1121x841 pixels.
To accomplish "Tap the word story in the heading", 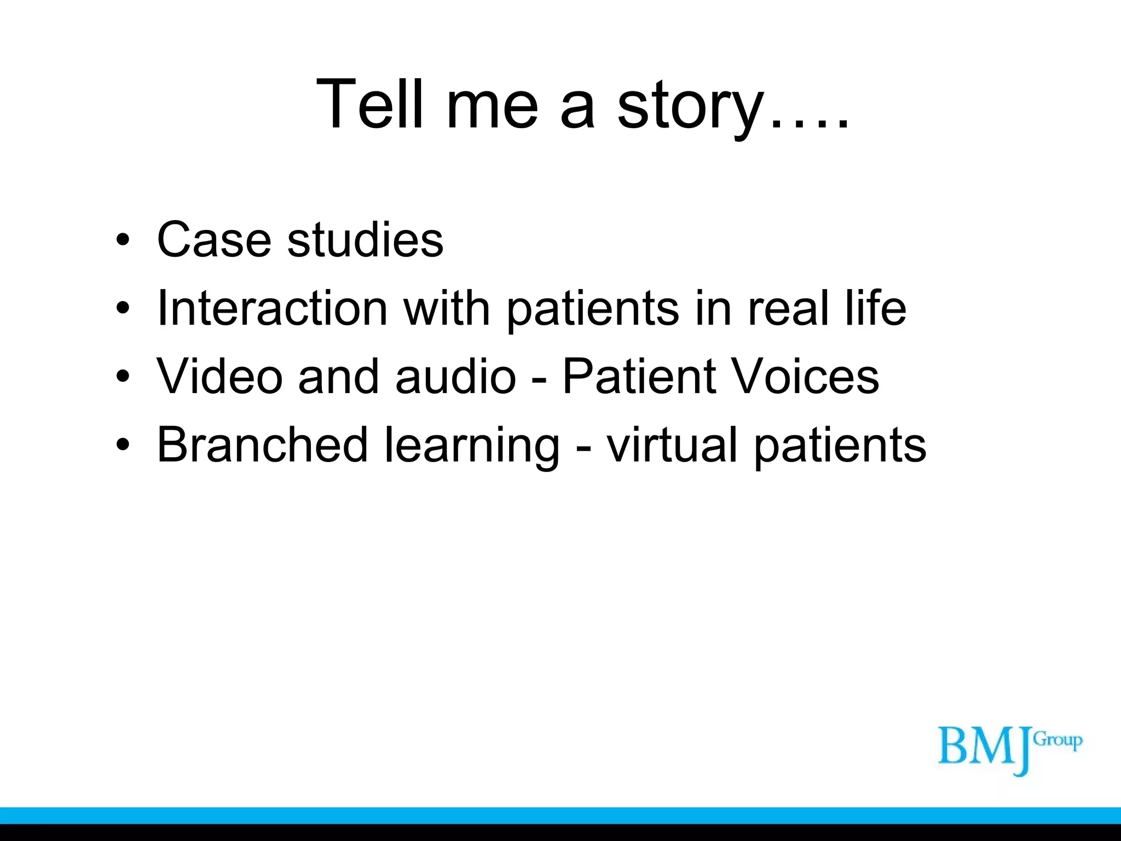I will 691,107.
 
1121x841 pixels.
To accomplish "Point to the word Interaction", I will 272,308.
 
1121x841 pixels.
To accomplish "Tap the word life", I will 875,308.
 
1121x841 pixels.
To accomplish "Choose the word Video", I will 219,376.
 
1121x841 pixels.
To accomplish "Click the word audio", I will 455,376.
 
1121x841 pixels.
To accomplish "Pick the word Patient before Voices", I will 639,376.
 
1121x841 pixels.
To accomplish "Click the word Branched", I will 262,445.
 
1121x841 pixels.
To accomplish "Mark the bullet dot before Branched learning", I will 123,445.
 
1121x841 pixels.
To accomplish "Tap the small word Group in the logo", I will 1058,741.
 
